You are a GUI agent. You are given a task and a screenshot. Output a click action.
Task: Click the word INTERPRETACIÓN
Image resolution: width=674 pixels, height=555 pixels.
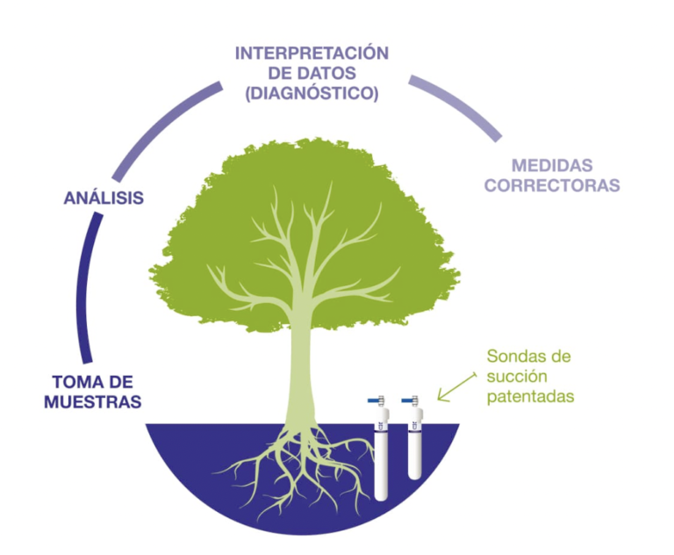click(x=312, y=54)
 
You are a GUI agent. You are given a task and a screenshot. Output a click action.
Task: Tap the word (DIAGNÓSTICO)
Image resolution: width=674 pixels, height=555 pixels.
click(x=312, y=92)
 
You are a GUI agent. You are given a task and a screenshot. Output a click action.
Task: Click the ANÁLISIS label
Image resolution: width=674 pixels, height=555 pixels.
click(x=104, y=198)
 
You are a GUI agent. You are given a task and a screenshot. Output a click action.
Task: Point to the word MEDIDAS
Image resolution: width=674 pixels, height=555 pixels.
click(x=552, y=165)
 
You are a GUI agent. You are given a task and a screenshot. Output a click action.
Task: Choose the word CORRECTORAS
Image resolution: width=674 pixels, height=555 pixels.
click(x=552, y=185)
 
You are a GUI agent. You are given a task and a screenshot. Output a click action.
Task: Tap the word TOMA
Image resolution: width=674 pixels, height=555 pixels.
click(x=74, y=382)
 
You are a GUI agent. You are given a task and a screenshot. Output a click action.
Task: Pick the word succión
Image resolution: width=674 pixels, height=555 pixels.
click(x=516, y=377)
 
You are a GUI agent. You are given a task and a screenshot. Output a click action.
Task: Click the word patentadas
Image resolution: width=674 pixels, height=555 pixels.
click(x=530, y=397)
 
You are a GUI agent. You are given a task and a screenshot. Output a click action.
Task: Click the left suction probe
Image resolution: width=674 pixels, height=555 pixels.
click(x=383, y=452)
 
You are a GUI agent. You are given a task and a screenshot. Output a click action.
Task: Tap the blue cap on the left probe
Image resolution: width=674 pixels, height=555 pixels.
click(x=377, y=399)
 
